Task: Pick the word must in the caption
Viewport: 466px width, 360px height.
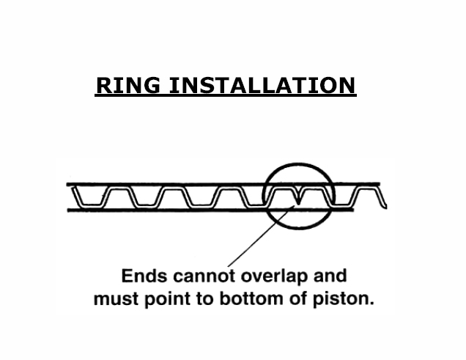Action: [x=114, y=300]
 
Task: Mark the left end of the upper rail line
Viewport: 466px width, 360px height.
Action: [x=68, y=183]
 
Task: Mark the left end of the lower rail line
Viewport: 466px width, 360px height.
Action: [x=68, y=211]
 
